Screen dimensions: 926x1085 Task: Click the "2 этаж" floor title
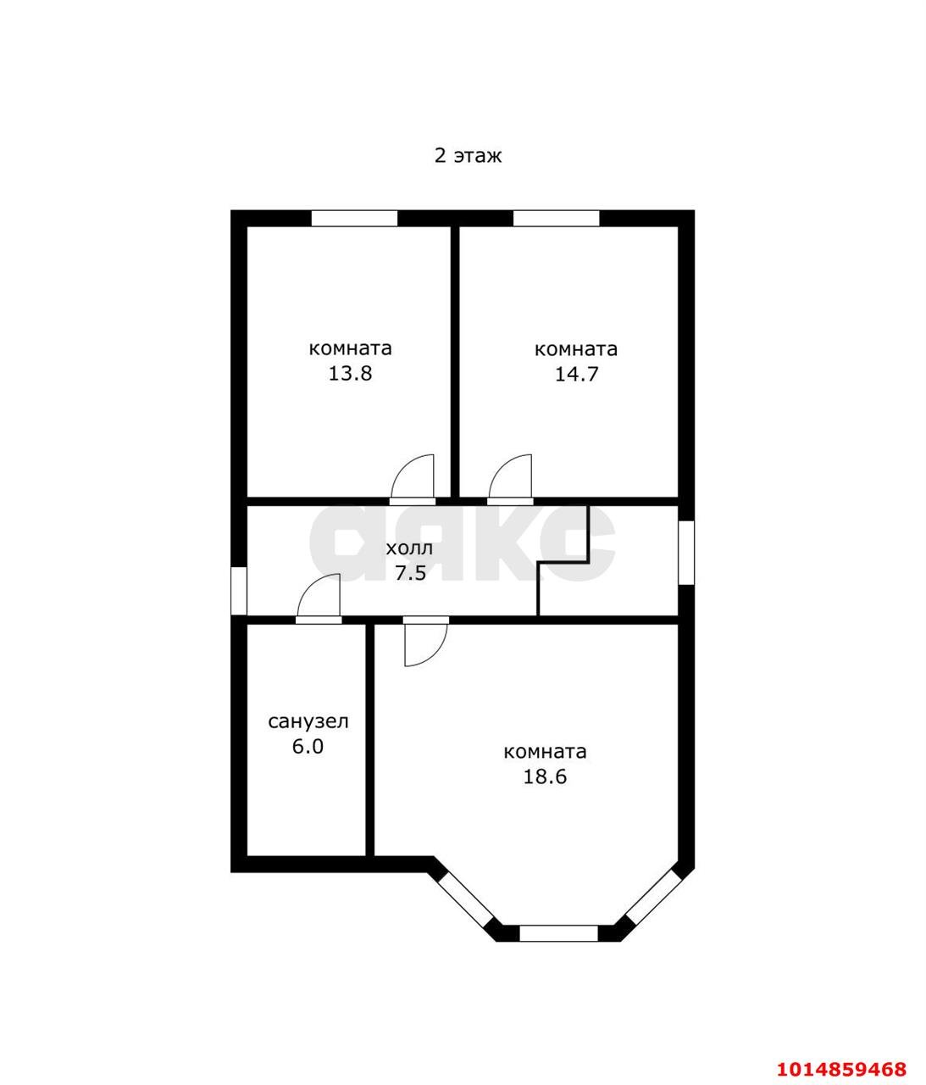tap(468, 156)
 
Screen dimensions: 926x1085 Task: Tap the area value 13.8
tap(350, 374)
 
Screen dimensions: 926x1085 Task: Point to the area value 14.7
tap(576, 374)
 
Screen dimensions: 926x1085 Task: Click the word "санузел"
tap(308, 721)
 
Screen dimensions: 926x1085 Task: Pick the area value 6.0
tap(308, 746)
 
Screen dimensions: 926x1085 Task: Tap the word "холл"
tap(409, 548)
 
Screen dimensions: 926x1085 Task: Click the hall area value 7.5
tap(410, 573)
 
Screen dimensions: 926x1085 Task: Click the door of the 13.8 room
tap(413, 479)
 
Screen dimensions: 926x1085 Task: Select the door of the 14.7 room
tap(510, 479)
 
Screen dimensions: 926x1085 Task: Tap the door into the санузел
tap(319, 599)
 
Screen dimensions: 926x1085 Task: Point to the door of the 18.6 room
tap(425, 641)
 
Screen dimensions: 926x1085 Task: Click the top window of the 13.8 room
tap(354, 218)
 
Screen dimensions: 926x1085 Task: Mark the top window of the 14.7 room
tap(556, 218)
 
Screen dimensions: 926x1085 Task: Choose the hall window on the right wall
tap(686, 552)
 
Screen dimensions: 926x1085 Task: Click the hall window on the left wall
tap(239, 591)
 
